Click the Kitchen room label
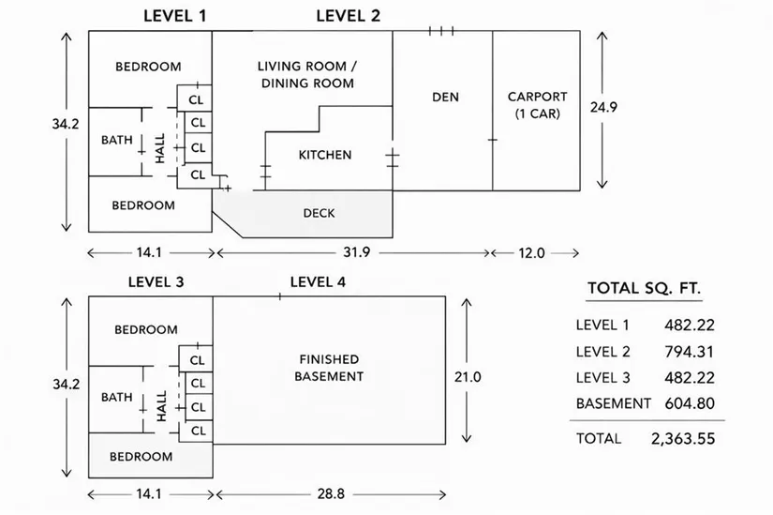325,155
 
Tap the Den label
445,97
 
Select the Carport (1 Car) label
537,104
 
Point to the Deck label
319,213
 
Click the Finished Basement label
329,368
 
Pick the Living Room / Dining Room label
307,74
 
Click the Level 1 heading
175,15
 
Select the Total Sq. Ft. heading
644,288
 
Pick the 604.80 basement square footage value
684,403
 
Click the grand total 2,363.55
683,438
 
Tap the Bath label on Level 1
117,141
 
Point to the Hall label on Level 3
161,405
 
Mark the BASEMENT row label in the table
613,403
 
